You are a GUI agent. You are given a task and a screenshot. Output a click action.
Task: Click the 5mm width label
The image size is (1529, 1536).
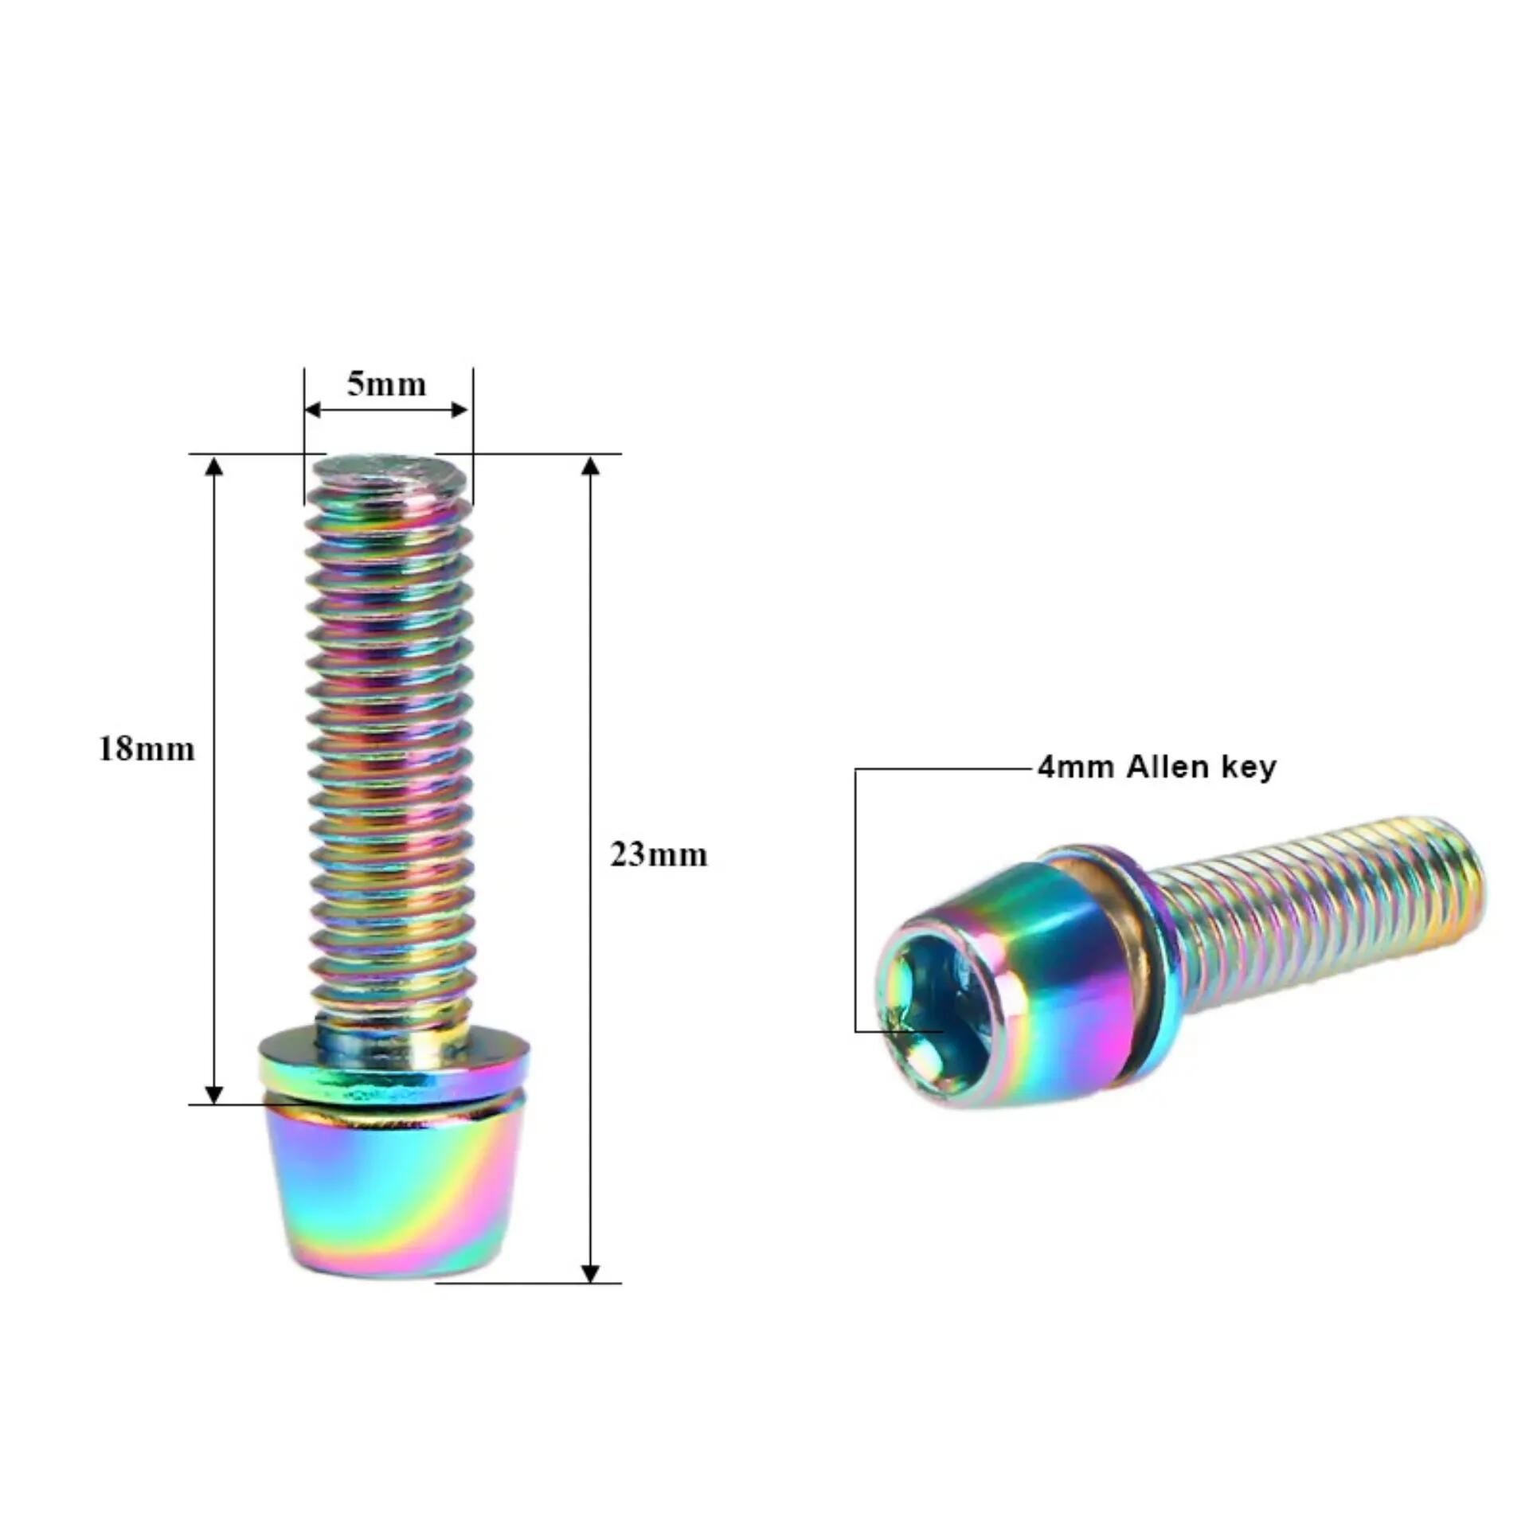[x=386, y=385]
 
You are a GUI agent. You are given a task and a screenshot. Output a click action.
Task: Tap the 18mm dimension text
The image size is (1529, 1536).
[x=147, y=750]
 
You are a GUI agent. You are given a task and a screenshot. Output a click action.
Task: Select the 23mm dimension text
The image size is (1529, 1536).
[x=659, y=855]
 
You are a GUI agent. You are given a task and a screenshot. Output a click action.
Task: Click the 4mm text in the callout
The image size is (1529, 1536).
[x=1077, y=768]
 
